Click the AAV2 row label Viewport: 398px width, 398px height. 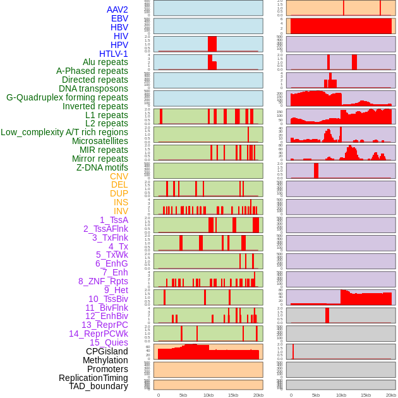(117, 9)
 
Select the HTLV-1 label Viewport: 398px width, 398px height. (113, 54)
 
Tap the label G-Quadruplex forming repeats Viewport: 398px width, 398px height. (67, 97)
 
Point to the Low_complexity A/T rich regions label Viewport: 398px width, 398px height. (64, 132)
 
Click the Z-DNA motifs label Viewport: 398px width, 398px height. (102, 167)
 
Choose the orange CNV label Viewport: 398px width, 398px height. (119, 176)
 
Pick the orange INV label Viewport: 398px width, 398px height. (121, 211)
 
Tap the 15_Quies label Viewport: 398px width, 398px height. (109, 342)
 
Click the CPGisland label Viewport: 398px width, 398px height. (107, 351)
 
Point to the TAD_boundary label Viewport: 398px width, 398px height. (99, 386)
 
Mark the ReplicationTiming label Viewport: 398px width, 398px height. (93, 378)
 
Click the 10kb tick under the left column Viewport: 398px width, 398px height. (208, 395)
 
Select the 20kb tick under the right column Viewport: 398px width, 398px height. (391, 395)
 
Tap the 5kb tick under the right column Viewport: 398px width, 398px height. (316, 395)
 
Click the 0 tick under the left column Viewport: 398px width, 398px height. (158, 395)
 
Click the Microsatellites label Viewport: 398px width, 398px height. (100, 141)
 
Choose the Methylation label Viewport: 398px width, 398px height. (105, 360)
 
